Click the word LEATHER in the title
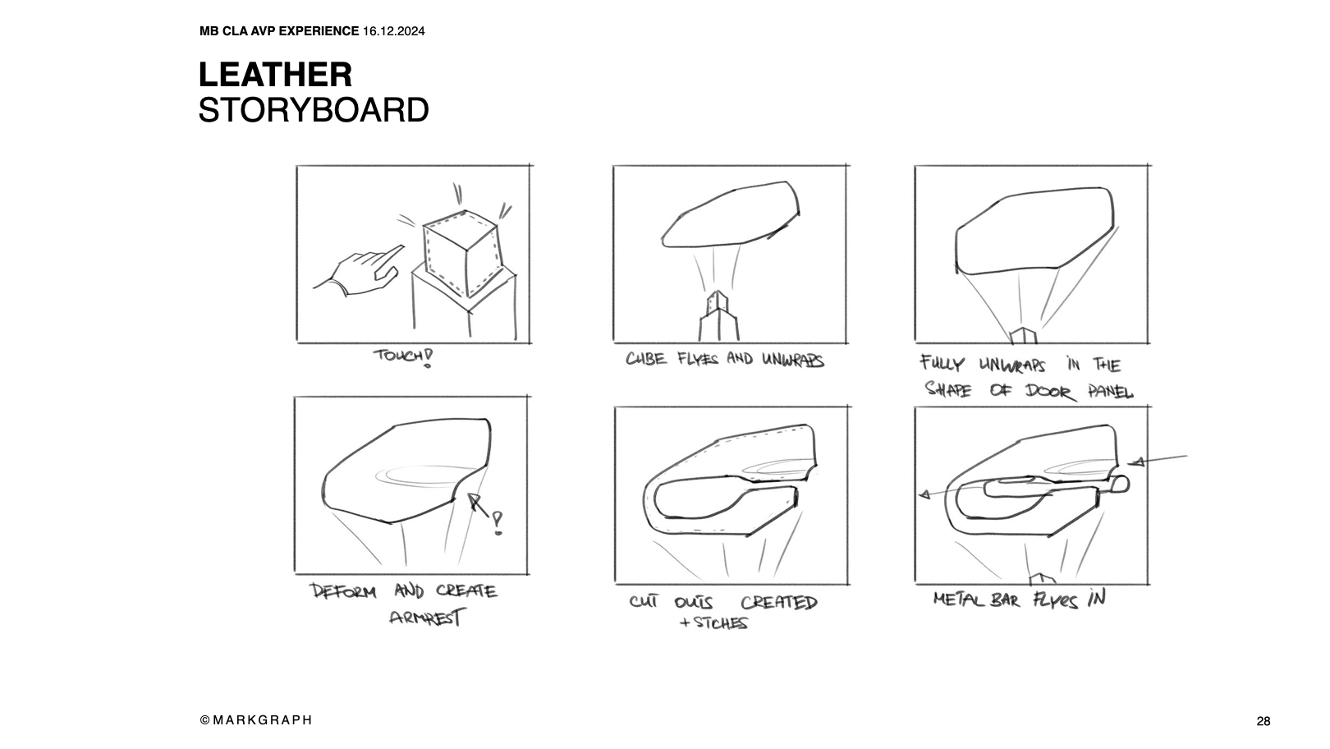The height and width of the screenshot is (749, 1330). (x=275, y=75)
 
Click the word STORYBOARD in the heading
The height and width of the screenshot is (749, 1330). (x=314, y=110)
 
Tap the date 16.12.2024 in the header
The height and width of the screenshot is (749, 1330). (x=393, y=31)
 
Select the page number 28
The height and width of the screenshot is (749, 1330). (x=1263, y=721)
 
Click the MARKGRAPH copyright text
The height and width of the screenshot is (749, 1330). (x=256, y=720)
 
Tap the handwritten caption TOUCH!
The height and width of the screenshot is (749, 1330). (x=403, y=357)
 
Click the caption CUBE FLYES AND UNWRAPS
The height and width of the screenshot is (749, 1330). (x=725, y=360)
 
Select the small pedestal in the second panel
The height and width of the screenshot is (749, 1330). (x=718, y=316)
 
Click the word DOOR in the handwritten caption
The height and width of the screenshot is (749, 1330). (x=1050, y=392)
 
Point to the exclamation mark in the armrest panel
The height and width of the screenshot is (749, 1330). (x=498, y=523)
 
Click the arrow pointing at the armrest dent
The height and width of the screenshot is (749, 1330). (x=479, y=505)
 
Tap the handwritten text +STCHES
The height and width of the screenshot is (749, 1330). (x=713, y=623)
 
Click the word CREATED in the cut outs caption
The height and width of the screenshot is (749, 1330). (x=779, y=603)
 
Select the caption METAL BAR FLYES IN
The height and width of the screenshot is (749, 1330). (x=1020, y=599)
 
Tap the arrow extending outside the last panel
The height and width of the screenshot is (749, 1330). (x=1158, y=460)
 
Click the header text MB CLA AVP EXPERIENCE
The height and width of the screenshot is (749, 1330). (x=279, y=31)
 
